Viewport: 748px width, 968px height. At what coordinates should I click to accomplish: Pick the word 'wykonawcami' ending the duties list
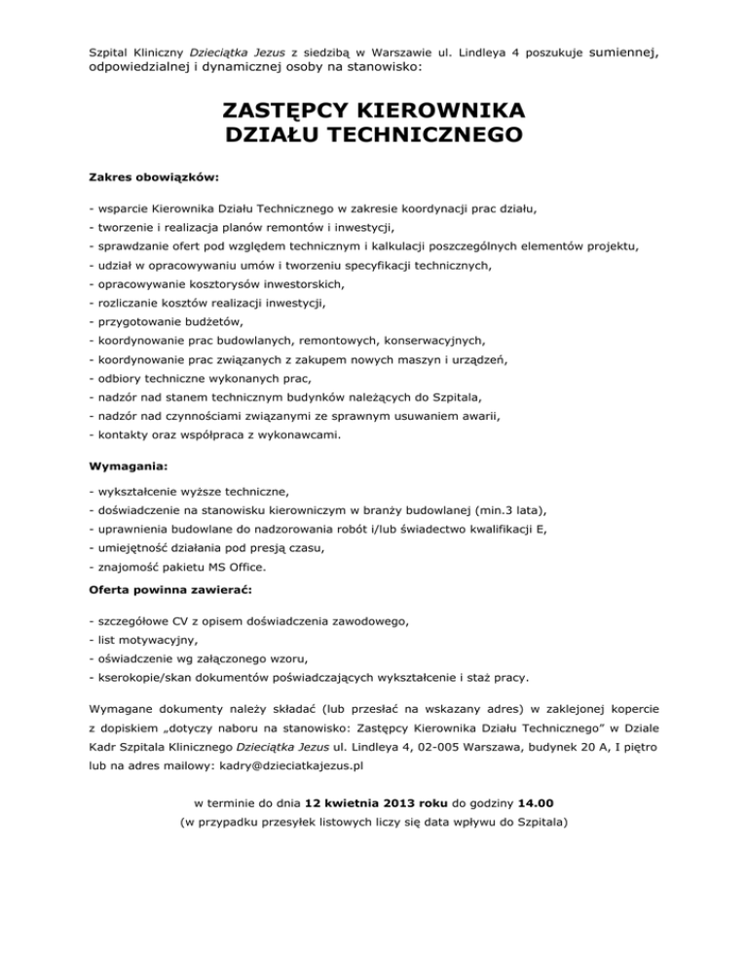click(299, 435)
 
